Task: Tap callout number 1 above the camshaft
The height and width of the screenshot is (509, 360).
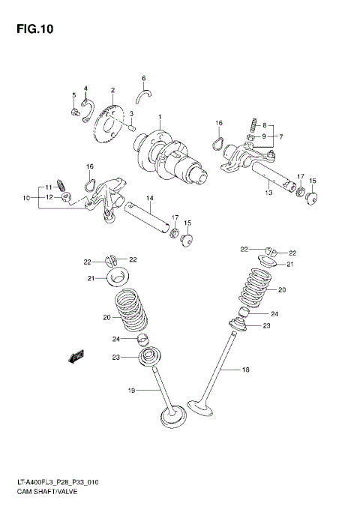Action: point(159,117)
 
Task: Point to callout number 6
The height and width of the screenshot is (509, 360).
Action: point(143,78)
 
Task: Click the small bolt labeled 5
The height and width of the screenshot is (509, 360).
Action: point(75,112)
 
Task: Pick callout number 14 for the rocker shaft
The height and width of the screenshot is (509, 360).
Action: point(149,199)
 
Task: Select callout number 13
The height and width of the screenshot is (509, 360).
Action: point(268,193)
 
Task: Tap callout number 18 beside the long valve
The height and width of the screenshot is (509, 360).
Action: point(244,370)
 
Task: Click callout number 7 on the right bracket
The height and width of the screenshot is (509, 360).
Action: point(281,136)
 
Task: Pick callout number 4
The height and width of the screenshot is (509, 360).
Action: point(86,88)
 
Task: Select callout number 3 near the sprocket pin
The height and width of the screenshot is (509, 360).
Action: point(130,114)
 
